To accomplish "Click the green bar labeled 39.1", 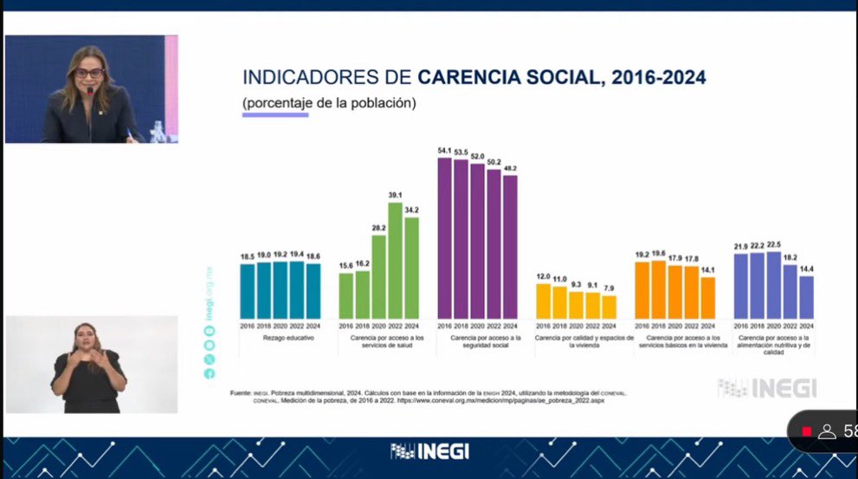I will [x=395, y=260].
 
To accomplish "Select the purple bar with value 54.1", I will [x=445, y=238].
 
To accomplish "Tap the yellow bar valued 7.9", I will [x=609, y=307].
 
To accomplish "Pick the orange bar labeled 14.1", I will [x=708, y=297].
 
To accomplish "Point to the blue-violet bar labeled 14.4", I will [x=806, y=297].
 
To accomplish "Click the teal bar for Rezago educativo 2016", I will [x=248, y=291].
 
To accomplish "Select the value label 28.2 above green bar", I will [x=378, y=229].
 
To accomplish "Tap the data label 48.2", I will [x=510, y=169].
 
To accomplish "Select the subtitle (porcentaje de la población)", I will [x=329, y=102].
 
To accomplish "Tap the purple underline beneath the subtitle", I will [x=275, y=114].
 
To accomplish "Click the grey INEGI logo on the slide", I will [x=767, y=388].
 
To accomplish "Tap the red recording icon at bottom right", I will [x=807, y=430].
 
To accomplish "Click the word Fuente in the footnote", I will [x=242, y=394].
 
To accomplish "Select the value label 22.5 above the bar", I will [x=773, y=244].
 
